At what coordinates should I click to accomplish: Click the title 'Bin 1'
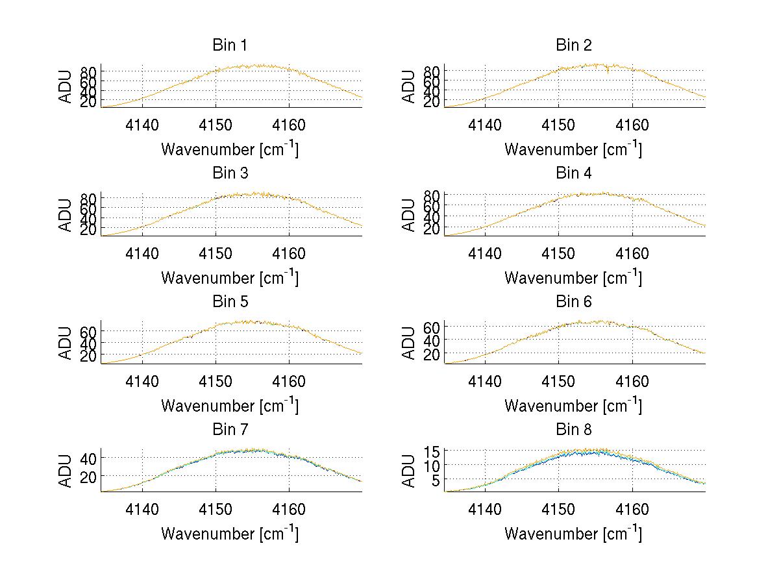click(x=230, y=45)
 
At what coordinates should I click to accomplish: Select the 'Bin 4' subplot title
click(x=574, y=173)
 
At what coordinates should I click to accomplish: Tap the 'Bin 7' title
click(x=230, y=430)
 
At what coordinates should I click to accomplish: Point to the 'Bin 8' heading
click(x=574, y=430)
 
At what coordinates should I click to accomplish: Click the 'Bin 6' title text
click(x=574, y=302)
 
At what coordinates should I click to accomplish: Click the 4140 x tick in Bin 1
click(x=142, y=125)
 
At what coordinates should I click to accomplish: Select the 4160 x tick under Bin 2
click(x=632, y=125)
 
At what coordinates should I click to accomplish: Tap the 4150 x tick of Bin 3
click(x=216, y=254)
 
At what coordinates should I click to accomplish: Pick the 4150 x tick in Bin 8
click(x=558, y=510)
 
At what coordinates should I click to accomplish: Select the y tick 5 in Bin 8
click(x=438, y=480)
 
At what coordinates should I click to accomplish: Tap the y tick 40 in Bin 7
click(x=88, y=458)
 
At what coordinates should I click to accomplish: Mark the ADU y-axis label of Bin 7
click(x=66, y=471)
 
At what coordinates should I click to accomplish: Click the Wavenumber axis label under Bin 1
click(x=230, y=149)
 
